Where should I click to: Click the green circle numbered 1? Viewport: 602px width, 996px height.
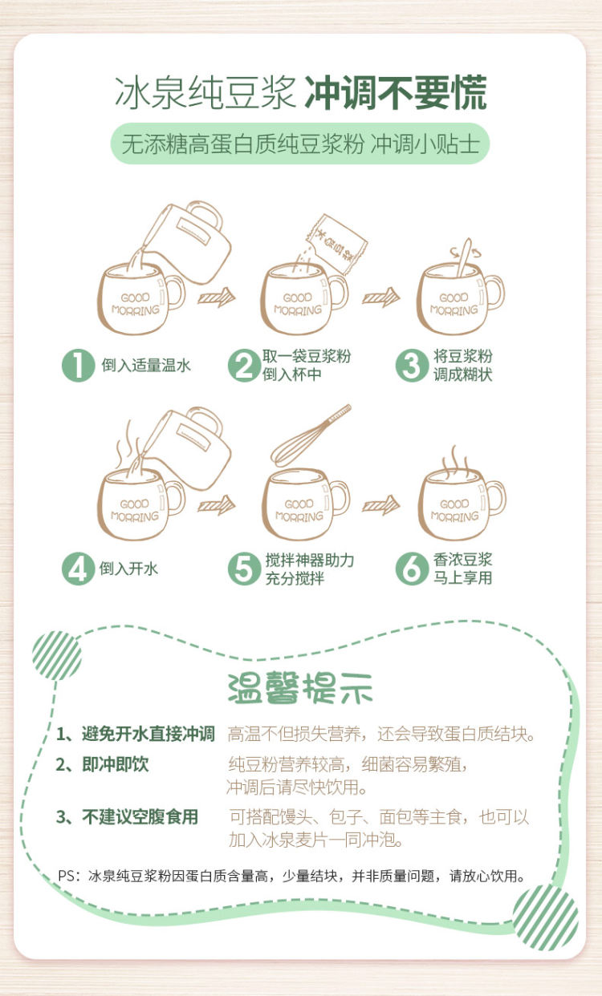(x=79, y=366)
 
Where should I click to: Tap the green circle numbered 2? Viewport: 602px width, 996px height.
(x=244, y=366)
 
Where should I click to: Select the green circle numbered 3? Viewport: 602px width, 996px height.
(x=412, y=366)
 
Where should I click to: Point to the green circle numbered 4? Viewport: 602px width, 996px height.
(x=79, y=569)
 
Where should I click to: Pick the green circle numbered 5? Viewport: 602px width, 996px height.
(x=244, y=569)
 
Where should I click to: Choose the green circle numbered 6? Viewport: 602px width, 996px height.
(x=412, y=569)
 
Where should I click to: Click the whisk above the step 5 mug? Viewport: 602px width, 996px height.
(x=311, y=435)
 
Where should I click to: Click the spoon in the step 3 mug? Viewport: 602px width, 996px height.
(x=464, y=258)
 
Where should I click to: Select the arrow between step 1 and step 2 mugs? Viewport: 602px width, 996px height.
(x=216, y=297)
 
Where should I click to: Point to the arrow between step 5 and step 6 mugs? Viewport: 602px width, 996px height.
(x=381, y=505)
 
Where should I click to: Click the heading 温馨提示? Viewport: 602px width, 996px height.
(x=300, y=689)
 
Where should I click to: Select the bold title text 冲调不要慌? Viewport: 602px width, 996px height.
(x=396, y=92)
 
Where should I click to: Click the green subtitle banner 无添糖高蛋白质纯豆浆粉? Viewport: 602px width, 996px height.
(x=300, y=144)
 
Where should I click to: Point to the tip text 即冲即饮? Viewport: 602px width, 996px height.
(x=116, y=764)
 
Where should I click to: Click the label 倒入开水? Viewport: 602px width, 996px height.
(x=128, y=569)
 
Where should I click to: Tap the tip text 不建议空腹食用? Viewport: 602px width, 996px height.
(x=140, y=817)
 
